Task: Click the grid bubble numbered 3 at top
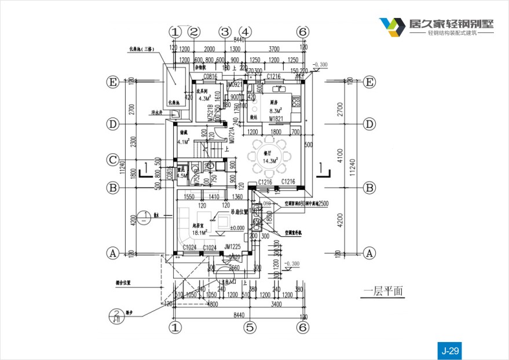(x=225, y=31)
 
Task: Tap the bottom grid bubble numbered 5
(x=250, y=328)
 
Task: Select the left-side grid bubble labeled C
(x=113, y=159)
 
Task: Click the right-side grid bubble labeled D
(x=369, y=124)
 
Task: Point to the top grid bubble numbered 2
(x=194, y=31)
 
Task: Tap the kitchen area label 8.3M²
(x=276, y=111)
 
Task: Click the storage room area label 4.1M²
(x=184, y=141)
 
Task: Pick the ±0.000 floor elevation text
(x=237, y=227)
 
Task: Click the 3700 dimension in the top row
(x=274, y=49)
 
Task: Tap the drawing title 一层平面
(x=383, y=292)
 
